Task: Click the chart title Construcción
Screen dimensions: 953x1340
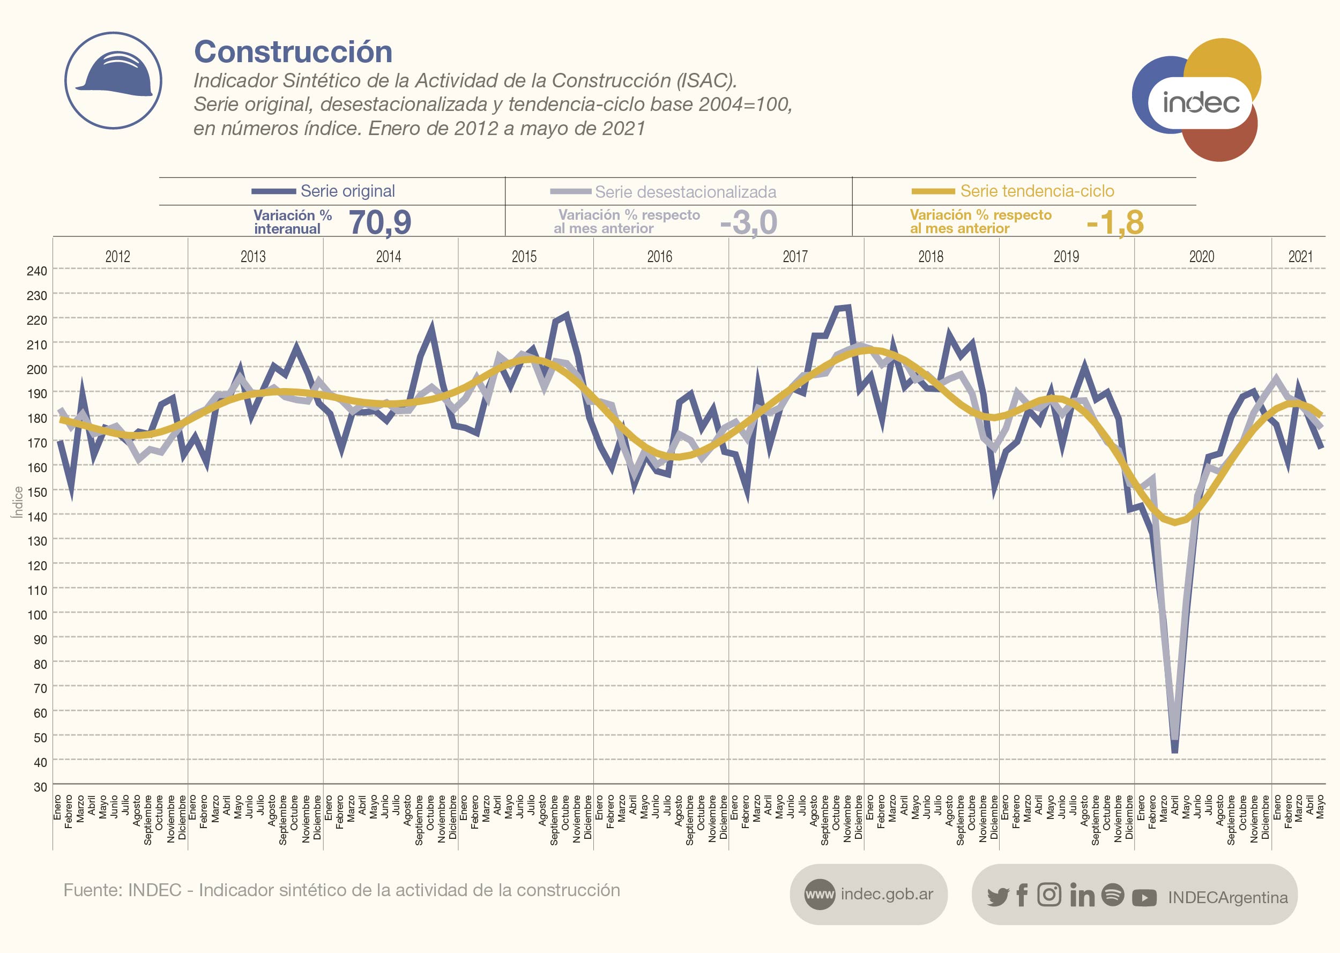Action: tap(293, 51)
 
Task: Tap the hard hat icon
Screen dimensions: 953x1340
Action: tap(113, 80)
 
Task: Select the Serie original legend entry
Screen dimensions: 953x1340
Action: tap(347, 191)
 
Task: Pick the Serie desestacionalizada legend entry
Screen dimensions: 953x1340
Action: tap(685, 192)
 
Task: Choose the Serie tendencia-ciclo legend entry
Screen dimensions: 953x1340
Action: tap(1037, 191)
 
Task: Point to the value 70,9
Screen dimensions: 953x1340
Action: tap(380, 222)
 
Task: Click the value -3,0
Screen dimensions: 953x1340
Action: tap(749, 222)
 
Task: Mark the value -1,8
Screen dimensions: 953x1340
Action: tap(1115, 222)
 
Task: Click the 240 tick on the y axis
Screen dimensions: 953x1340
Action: tap(36, 271)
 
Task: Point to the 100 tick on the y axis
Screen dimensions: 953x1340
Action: tap(36, 615)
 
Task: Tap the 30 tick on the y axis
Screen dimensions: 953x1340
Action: tap(40, 787)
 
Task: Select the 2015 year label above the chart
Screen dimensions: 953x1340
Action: tap(524, 256)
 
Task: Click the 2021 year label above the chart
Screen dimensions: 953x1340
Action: tap(1300, 256)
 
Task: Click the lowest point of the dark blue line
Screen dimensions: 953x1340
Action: tap(1174, 750)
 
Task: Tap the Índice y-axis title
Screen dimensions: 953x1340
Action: tap(18, 502)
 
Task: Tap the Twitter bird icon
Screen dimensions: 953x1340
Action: tap(997, 896)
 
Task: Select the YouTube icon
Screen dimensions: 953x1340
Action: tap(1143, 897)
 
